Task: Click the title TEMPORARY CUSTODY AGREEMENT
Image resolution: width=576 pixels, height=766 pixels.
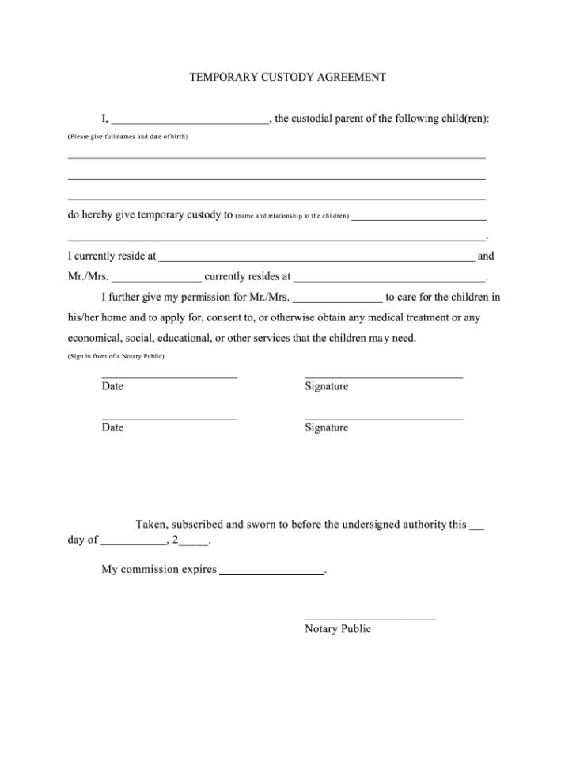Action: click(287, 78)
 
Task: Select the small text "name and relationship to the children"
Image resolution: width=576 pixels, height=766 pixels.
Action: click(292, 216)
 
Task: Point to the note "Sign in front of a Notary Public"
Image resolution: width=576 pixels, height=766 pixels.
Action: click(116, 357)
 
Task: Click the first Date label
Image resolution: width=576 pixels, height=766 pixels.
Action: click(112, 386)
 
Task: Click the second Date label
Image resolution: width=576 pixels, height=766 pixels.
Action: click(112, 427)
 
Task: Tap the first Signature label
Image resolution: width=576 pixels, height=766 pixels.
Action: click(326, 386)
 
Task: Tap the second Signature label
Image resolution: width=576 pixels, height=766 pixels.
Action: click(326, 427)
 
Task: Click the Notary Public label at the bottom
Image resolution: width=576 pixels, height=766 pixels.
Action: click(338, 629)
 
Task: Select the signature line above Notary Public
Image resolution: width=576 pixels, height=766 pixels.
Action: click(370, 618)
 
